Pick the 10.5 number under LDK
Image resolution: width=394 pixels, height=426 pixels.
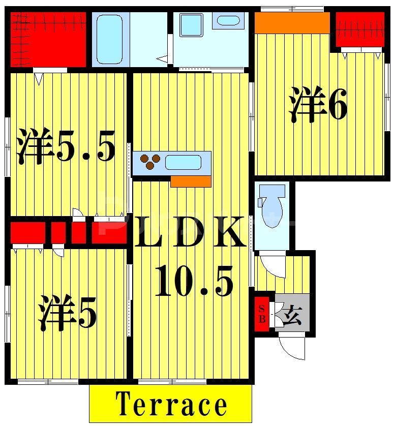(193, 282)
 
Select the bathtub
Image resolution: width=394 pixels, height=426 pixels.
(109, 39)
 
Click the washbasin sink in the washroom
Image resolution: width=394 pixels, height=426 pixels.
(228, 21)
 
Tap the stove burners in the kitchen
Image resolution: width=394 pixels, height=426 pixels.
(150, 161)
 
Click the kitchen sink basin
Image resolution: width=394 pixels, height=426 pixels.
(183, 163)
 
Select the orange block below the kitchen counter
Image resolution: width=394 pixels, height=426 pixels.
(191, 181)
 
